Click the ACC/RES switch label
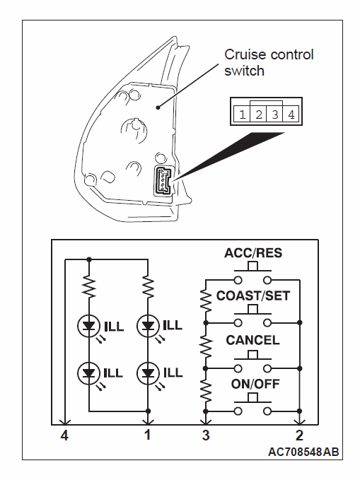[x=253, y=253]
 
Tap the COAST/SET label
[x=253, y=295]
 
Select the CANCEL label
[x=252, y=340]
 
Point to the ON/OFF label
[x=255, y=384]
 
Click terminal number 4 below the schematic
[x=64, y=435]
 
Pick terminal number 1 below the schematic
[x=148, y=435]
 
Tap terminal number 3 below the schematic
[x=206, y=435]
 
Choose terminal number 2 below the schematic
[x=299, y=435]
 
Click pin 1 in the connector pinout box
[x=243, y=115]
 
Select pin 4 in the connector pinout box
[x=291, y=115]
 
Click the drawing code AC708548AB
[x=303, y=452]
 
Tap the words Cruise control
[x=269, y=55]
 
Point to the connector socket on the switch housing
[x=163, y=180]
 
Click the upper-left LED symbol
[x=89, y=327]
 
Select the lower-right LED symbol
[x=149, y=373]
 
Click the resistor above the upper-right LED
[x=149, y=287]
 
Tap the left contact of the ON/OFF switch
[x=238, y=411]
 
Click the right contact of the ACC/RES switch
[x=267, y=280]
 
